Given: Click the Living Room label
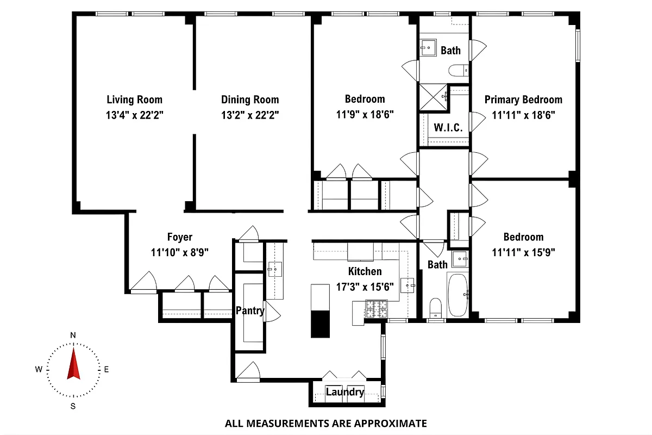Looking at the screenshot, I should click(134, 100).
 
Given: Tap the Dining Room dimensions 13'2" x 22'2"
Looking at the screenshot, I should click(250, 115).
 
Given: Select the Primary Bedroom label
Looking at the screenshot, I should click(523, 100).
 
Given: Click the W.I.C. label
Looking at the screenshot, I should click(448, 128).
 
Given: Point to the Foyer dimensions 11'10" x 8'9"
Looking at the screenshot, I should click(180, 252).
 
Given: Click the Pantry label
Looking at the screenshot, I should click(249, 311).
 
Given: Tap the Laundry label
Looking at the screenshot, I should click(344, 392).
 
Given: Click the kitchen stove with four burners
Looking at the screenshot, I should click(378, 310).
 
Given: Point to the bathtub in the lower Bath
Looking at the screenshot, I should click(457, 295).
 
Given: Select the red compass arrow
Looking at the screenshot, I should click(73, 364).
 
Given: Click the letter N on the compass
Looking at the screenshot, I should click(73, 335).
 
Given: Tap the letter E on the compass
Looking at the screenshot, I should click(106, 370).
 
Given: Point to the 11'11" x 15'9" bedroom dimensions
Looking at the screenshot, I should click(523, 252).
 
